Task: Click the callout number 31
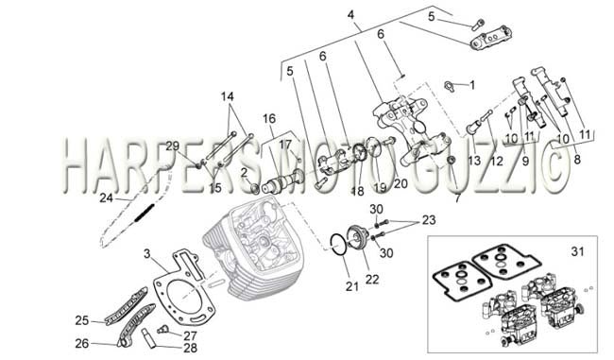(x=577, y=251)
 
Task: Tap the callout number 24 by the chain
(x=106, y=197)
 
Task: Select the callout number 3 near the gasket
(x=146, y=254)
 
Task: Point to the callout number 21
(x=351, y=286)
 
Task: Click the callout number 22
(x=372, y=280)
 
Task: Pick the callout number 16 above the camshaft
(x=269, y=118)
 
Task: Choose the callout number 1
(x=472, y=85)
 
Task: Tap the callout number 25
(x=82, y=320)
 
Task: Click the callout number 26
(x=82, y=344)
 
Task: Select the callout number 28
(x=190, y=348)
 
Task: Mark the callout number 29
(x=172, y=146)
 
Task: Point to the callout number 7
(x=457, y=198)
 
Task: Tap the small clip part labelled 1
(x=449, y=86)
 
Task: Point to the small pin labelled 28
(x=151, y=336)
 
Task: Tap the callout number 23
(x=429, y=220)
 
